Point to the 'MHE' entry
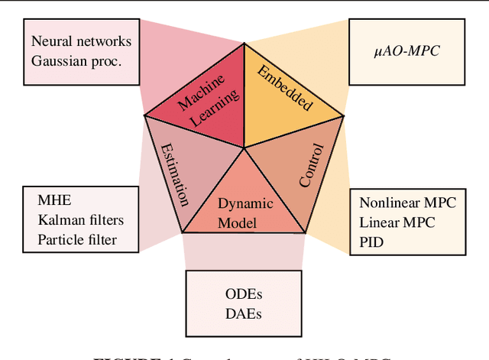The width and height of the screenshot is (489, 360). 53,202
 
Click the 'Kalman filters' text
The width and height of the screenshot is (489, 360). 80,220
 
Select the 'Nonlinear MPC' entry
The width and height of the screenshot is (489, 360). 407,203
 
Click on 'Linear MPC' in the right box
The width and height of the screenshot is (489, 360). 397,222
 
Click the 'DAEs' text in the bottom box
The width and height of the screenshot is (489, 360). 243,313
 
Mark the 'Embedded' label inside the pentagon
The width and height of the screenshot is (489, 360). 285,88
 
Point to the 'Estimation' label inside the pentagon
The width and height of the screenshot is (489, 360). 173,172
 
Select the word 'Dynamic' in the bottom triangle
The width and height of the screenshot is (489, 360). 244,204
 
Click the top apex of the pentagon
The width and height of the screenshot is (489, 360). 244,44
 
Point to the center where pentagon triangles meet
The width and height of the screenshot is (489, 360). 244,147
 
